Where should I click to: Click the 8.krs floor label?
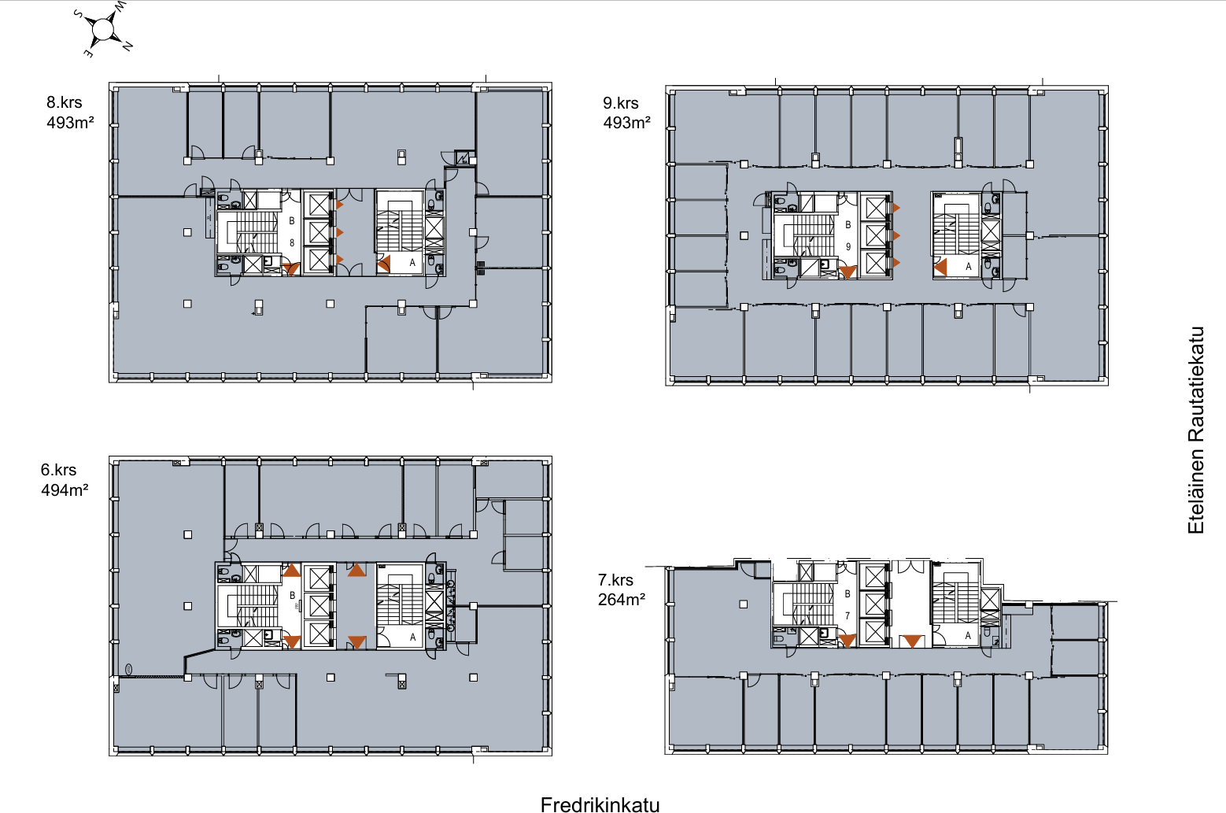pos(64,102)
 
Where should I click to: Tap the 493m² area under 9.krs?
pos(626,122)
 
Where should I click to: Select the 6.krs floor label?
pos(58,470)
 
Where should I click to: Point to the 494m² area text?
pos(65,490)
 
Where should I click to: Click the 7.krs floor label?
pos(615,580)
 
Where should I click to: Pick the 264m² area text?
pos(621,600)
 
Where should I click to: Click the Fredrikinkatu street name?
pos(600,805)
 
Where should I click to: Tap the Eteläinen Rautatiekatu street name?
pos(1196,430)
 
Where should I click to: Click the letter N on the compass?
pos(127,47)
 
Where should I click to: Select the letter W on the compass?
pos(120,6)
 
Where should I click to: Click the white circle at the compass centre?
pos(102,29)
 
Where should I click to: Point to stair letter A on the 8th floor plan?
pos(412,263)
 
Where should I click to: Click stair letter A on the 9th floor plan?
pos(968,267)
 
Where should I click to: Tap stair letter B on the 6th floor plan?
pos(292,595)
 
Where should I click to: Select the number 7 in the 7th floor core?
pos(847,616)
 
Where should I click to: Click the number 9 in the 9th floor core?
pos(847,247)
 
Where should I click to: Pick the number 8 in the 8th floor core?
pos(292,243)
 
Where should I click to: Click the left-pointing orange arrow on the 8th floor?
pos(384,264)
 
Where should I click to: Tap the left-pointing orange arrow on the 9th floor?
pos(940,267)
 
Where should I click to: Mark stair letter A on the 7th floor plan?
pos(968,636)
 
